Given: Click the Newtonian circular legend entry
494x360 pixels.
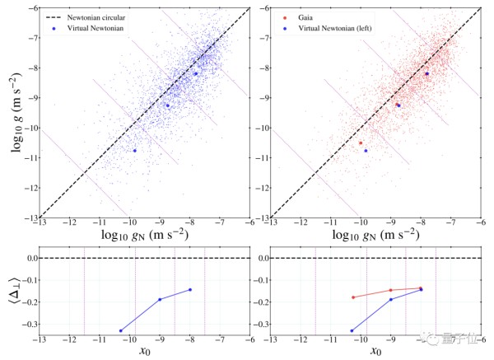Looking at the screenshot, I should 86,16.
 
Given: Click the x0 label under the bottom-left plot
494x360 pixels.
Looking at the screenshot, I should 146,350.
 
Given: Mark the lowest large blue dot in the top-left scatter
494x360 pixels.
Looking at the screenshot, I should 135,151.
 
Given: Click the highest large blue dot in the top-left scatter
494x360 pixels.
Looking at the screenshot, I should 196,73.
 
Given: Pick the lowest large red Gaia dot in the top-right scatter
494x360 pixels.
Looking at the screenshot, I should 361,143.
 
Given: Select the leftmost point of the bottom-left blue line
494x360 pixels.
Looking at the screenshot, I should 121,330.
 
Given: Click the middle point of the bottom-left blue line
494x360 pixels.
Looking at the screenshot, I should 160,299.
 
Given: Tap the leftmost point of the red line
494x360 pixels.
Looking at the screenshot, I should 352,297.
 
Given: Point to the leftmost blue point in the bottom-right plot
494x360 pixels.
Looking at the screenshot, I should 352,330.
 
